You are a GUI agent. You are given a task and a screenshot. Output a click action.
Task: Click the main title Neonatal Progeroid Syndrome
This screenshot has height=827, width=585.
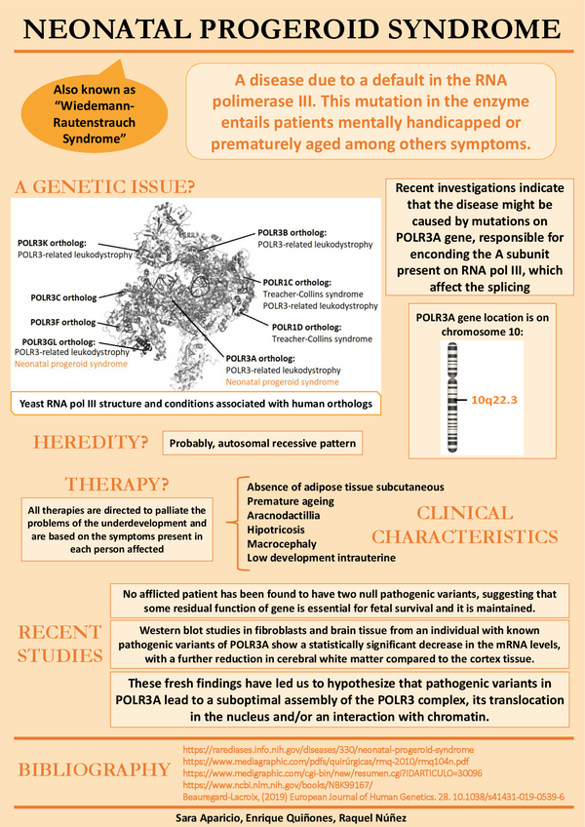point(292,31)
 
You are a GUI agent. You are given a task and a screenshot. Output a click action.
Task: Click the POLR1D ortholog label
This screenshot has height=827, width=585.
point(306,327)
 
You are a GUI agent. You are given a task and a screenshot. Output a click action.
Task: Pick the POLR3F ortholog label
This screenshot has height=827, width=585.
point(63,322)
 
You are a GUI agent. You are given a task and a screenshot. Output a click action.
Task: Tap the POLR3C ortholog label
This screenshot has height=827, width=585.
point(63,296)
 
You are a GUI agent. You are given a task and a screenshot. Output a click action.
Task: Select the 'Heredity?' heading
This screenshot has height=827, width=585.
point(91,442)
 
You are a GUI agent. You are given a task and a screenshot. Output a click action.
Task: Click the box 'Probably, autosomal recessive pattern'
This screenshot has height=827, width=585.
point(261,444)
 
